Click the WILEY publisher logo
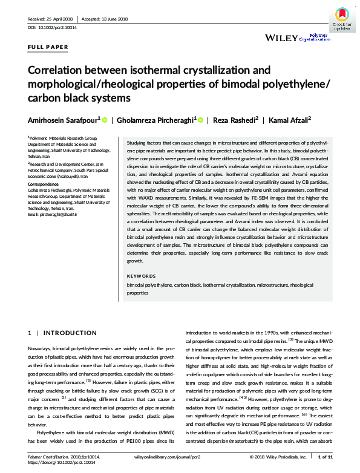click(281, 38)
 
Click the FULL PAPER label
click(48, 47)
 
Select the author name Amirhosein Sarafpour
click(64, 120)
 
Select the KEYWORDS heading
click(141, 276)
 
